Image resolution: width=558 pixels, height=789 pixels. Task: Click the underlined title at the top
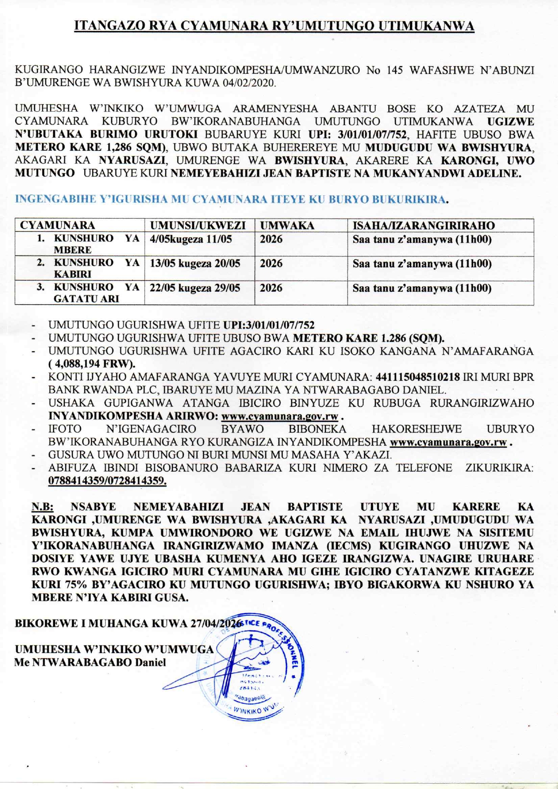click(274, 26)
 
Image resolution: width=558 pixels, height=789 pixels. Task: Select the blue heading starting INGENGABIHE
click(231, 199)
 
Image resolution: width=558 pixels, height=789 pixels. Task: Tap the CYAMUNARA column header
click(58, 225)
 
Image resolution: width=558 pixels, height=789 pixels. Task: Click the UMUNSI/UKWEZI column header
click(198, 225)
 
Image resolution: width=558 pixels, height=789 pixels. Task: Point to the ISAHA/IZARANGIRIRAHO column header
click(423, 225)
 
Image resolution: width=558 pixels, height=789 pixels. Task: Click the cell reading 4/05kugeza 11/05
click(191, 239)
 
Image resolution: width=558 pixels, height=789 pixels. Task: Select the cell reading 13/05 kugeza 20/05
click(195, 264)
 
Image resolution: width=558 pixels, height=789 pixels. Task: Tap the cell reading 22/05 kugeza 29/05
click(195, 288)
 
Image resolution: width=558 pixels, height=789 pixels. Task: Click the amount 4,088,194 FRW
click(93, 364)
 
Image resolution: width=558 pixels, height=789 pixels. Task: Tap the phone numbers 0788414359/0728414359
click(107, 481)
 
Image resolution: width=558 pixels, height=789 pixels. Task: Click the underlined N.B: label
click(42, 507)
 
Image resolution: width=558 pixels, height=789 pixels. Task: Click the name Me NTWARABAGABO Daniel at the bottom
click(90, 663)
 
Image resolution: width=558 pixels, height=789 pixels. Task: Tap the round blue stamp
click(252, 666)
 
